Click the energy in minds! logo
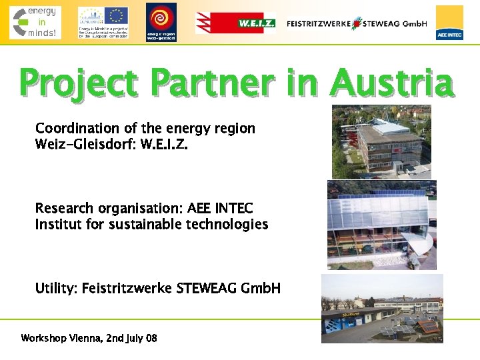coord(35,22)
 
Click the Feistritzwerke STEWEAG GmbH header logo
coord(357,23)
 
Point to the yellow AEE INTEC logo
coord(449,23)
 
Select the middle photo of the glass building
coord(381,225)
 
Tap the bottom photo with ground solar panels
coord(381,308)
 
